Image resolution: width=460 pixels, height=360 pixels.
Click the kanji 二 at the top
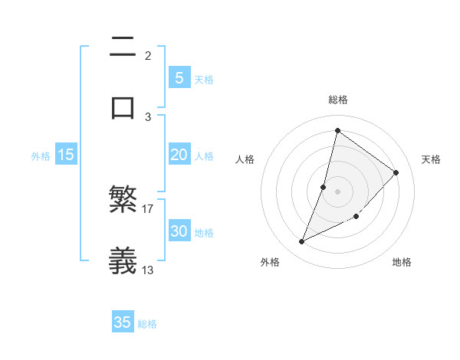click(123, 47)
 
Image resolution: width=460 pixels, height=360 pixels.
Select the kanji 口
click(123, 107)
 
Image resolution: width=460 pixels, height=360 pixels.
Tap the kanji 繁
click(123, 201)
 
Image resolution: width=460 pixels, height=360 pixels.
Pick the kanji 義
click(123, 260)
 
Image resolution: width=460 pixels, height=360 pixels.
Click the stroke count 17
click(149, 208)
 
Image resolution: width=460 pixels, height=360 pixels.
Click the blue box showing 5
click(179, 77)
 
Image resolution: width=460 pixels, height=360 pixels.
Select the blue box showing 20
click(179, 155)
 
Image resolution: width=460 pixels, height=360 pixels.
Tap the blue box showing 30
click(179, 231)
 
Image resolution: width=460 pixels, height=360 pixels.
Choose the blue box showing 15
click(66, 155)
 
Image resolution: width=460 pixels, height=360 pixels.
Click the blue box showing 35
click(123, 322)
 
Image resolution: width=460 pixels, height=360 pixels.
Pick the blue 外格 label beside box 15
click(41, 156)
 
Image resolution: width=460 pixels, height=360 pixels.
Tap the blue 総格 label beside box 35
click(147, 324)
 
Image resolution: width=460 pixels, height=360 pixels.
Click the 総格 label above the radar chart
click(337, 100)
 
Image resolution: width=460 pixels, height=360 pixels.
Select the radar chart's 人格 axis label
click(245, 159)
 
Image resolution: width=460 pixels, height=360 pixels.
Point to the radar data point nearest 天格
click(396, 172)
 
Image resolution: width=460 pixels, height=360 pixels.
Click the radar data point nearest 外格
click(301, 242)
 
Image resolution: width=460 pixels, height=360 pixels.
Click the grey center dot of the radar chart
click(337, 191)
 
